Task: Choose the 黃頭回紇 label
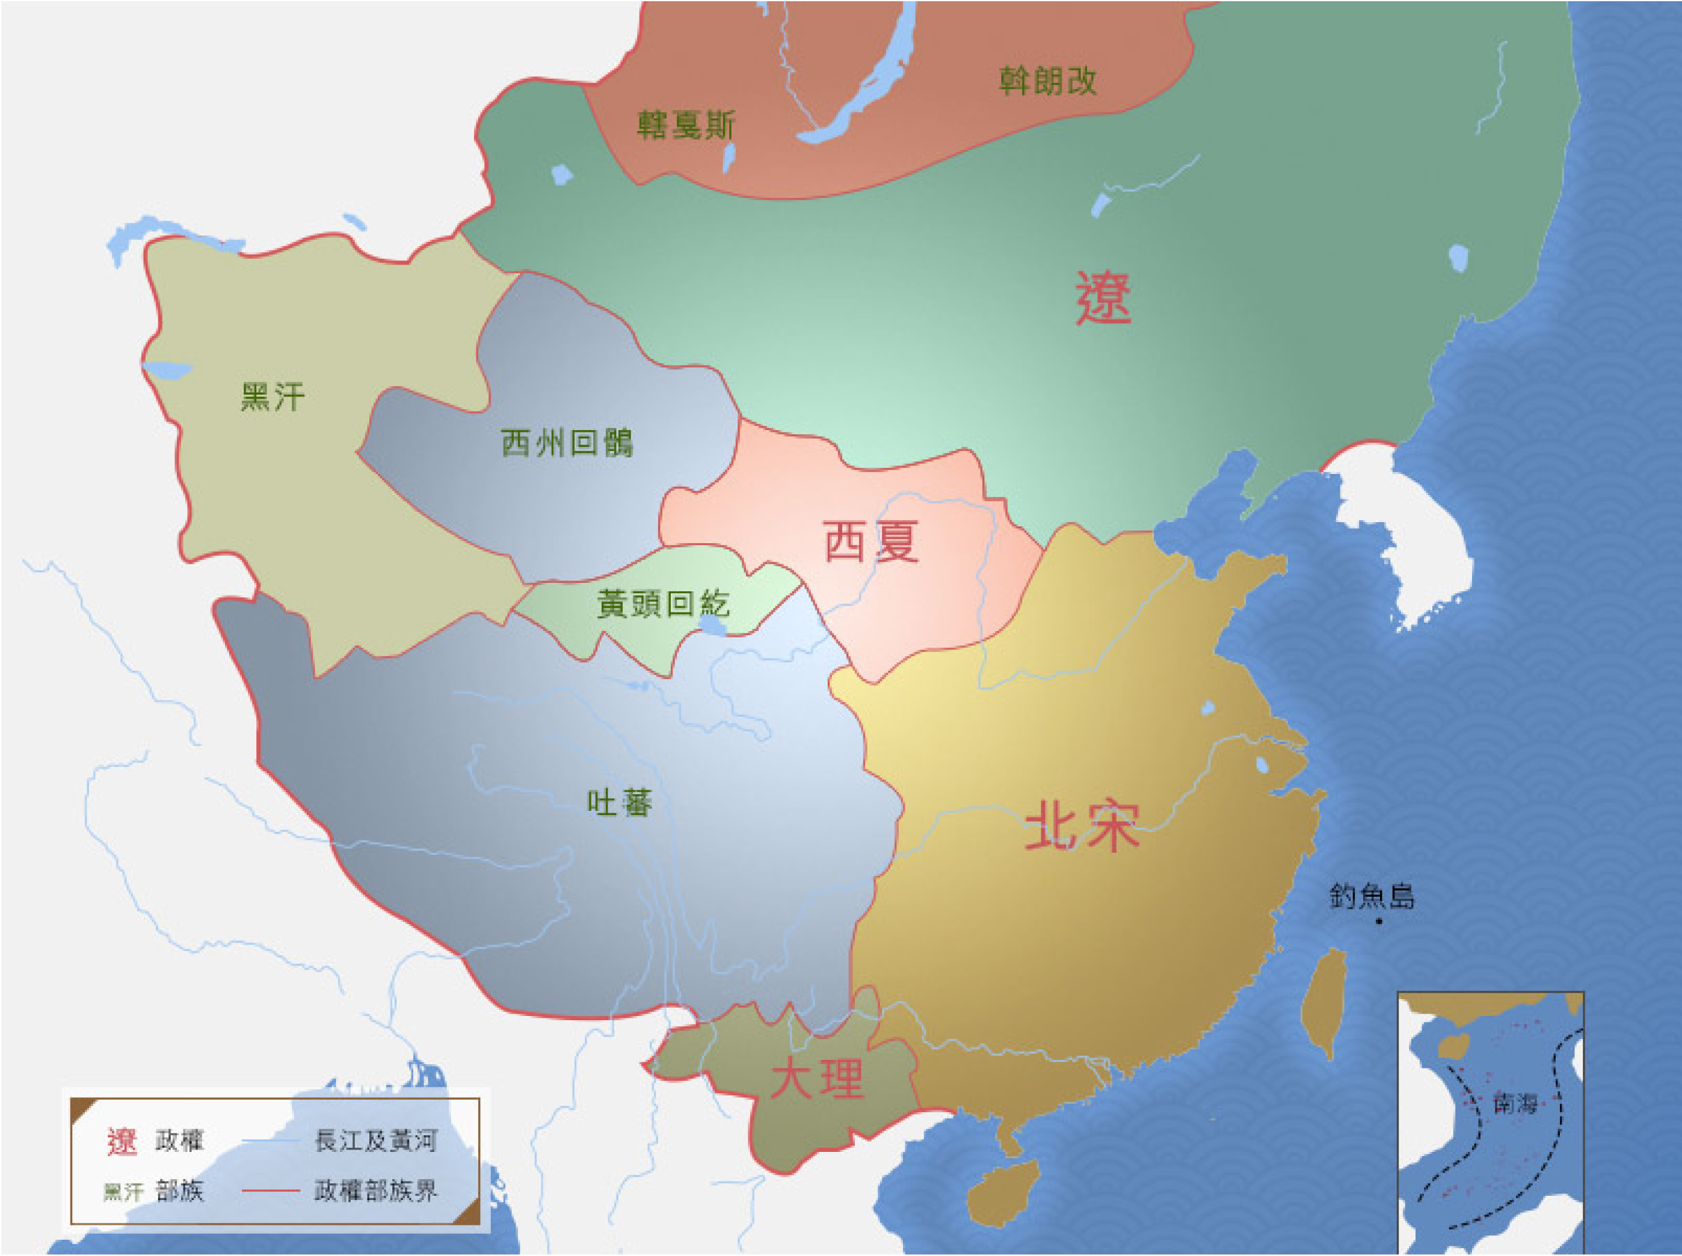pos(663,604)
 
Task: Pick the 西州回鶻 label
pos(567,443)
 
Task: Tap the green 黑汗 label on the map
pos(273,397)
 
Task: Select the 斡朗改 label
pos(1047,81)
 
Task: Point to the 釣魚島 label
pos(1372,896)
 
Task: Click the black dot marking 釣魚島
pos(1379,922)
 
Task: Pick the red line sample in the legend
pos(270,1190)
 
